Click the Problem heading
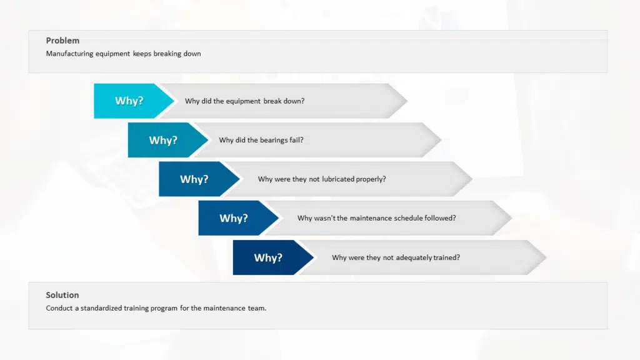pos(62,41)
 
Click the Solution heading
pos(62,295)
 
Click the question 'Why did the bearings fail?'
pos(261,140)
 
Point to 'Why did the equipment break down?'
pos(244,101)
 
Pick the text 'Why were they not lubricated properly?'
pos(322,179)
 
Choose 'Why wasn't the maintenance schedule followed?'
pos(377,218)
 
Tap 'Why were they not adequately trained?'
pos(396,257)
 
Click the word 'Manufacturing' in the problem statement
pos(69,54)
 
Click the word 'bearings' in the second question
pos(274,140)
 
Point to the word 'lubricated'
pos(338,179)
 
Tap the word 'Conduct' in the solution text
pos(59,308)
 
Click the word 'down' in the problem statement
pos(192,54)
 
